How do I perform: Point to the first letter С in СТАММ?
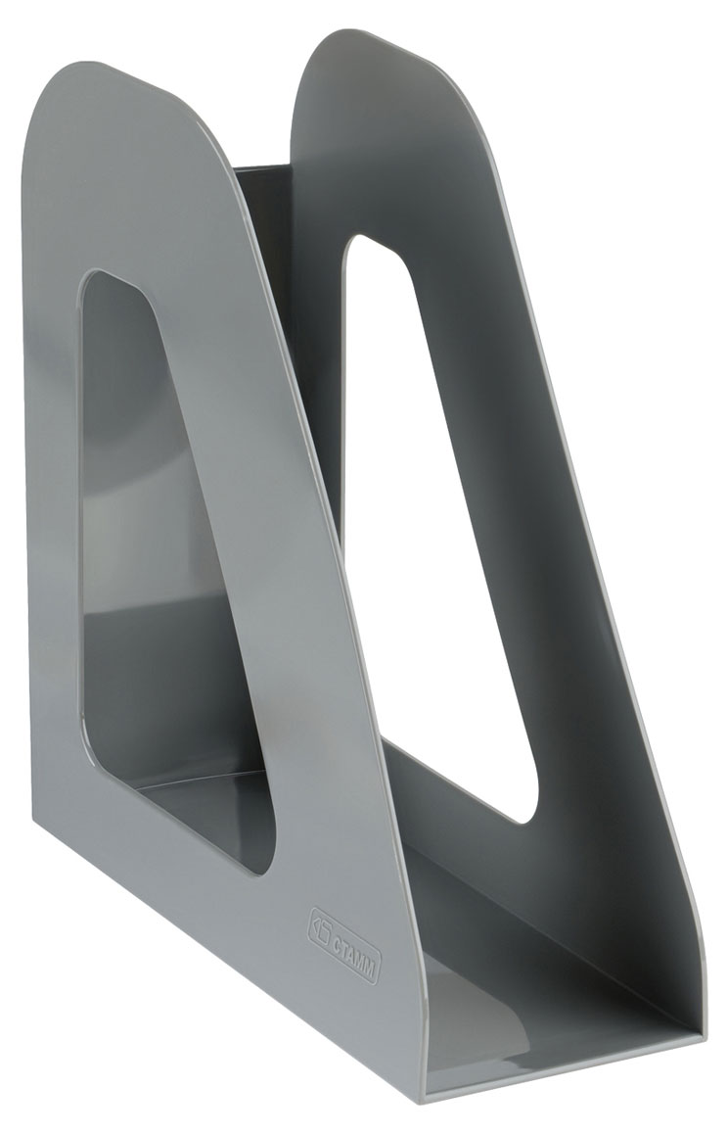pos(338,926)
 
